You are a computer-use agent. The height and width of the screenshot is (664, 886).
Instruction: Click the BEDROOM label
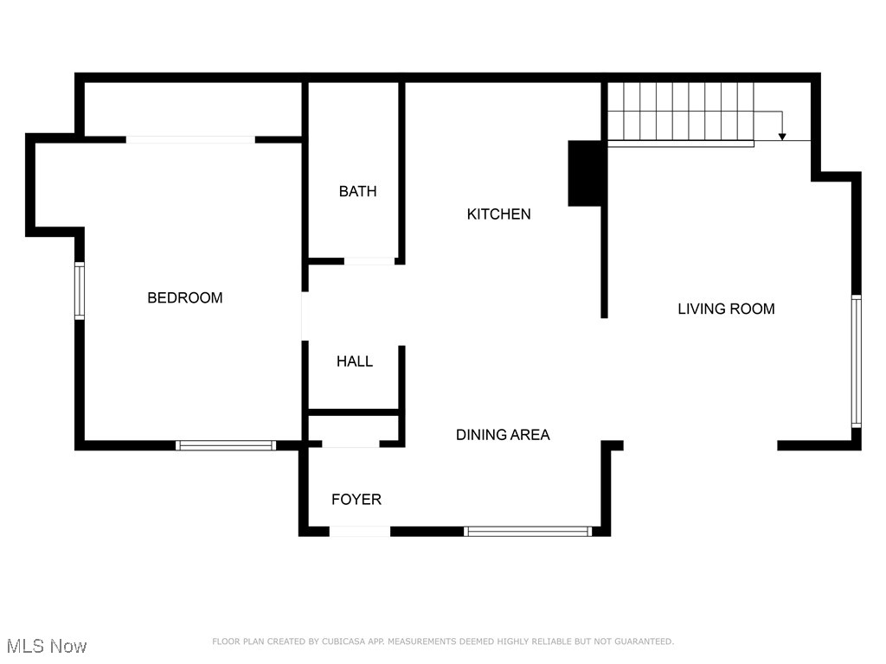click(184, 297)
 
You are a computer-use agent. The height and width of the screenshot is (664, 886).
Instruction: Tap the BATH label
click(357, 191)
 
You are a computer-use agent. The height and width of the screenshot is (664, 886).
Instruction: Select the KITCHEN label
click(498, 214)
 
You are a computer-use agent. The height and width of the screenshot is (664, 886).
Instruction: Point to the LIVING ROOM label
click(726, 309)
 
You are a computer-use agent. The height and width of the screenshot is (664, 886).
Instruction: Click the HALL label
click(355, 361)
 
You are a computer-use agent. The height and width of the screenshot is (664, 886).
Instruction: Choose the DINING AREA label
click(503, 435)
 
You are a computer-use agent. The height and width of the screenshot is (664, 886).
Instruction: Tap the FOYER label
click(356, 500)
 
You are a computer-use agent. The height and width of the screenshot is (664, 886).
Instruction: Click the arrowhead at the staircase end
click(782, 135)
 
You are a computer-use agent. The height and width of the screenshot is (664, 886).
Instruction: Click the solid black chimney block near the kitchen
click(586, 173)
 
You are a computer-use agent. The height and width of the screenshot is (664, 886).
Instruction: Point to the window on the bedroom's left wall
click(80, 291)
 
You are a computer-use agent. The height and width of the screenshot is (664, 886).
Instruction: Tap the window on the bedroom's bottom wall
click(226, 445)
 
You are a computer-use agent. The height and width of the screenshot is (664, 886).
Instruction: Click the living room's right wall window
click(856, 361)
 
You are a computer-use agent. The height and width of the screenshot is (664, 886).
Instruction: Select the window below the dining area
click(528, 531)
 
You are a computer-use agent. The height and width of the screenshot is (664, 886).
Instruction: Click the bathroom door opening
click(369, 260)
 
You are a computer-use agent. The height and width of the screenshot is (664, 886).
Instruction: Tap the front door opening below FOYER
click(360, 531)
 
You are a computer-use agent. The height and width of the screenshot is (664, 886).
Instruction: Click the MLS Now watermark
click(47, 646)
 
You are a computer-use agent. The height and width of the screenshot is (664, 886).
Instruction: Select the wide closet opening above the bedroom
click(190, 138)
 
